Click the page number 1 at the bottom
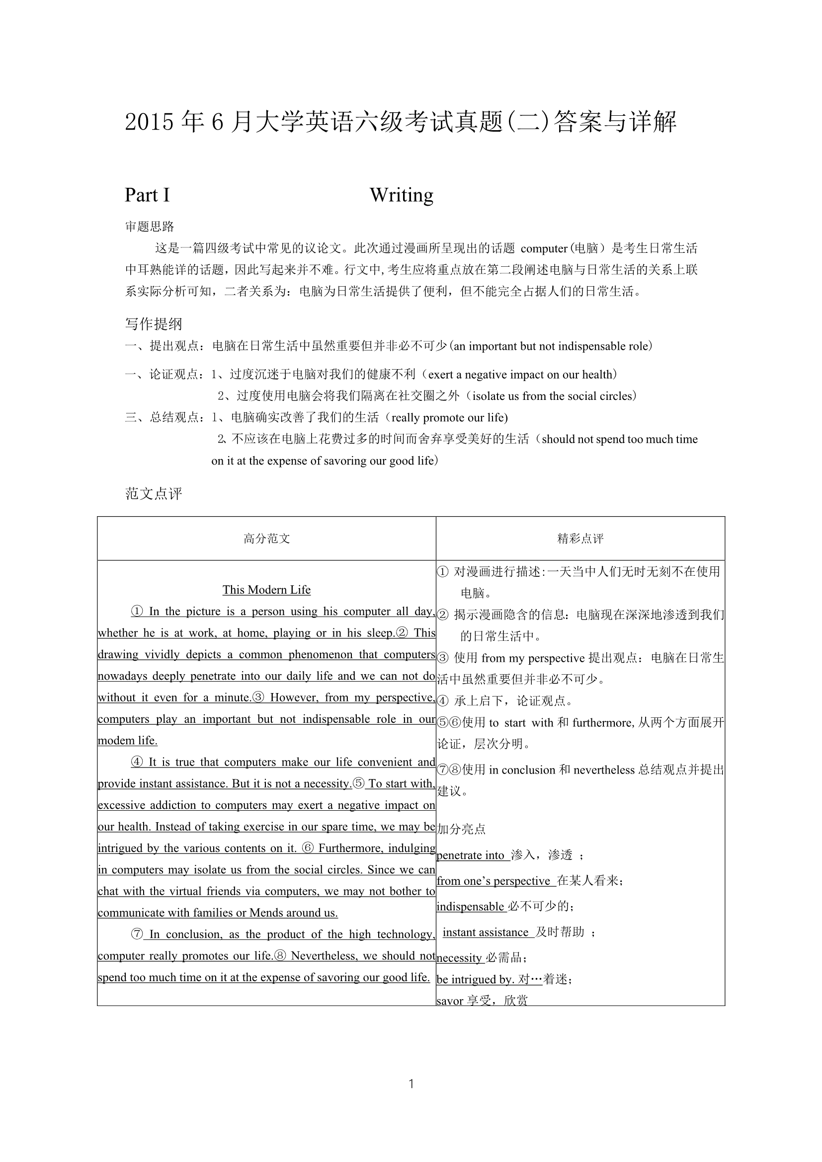pos(411,1084)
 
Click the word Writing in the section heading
pos(402,195)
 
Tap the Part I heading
pos(147,195)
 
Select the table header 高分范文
pos(267,539)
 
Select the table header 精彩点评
pos(580,539)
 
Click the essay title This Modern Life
pos(267,590)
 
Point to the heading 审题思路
pos(150,226)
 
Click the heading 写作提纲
pos(154,324)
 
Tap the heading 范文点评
pos(154,493)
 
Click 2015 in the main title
pos(150,123)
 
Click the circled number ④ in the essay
pos(137,762)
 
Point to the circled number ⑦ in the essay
pos(137,934)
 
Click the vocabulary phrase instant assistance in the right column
pos(486,932)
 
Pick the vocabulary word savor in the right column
pos(450,1001)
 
